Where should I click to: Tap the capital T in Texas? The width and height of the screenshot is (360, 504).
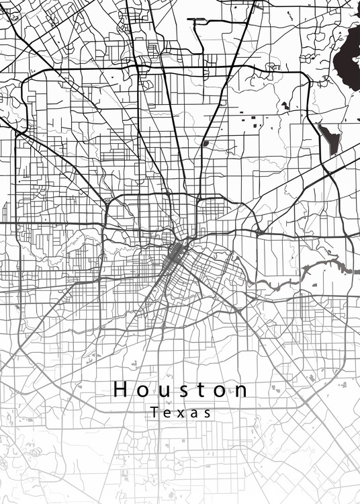(x=155, y=413)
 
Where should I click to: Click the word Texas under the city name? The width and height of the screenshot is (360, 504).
(x=181, y=413)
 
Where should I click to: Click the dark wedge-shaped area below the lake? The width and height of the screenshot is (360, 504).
(x=330, y=140)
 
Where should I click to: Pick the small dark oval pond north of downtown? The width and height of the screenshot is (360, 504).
(x=205, y=142)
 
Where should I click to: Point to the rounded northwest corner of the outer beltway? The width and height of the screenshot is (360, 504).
(x=28, y=83)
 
